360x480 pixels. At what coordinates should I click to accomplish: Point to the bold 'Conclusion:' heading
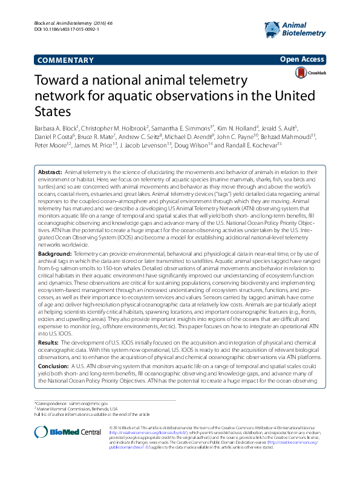click(53, 365)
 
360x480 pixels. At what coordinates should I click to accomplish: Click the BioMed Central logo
click(68, 431)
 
